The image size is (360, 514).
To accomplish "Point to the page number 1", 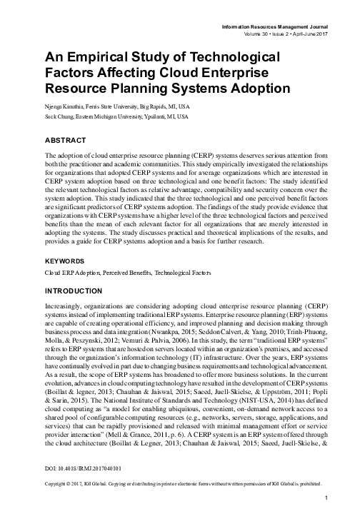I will click(325, 497).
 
